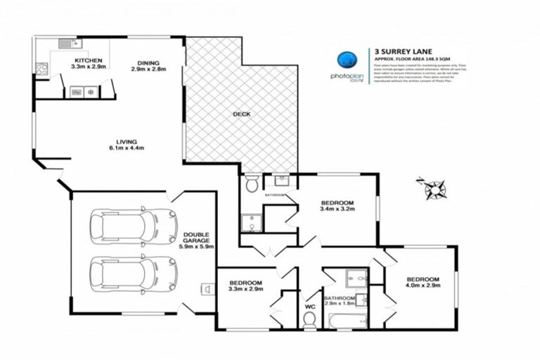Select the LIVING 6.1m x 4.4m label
tap(127, 144)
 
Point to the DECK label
tap(242, 114)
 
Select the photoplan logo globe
tap(345, 59)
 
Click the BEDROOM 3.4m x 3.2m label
tap(337, 205)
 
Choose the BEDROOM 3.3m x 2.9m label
tap(246, 285)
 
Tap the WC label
tap(309, 307)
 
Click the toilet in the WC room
tap(308, 320)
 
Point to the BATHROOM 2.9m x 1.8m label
tap(340, 301)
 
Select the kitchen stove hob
tap(41, 69)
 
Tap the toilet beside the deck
tap(252, 185)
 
